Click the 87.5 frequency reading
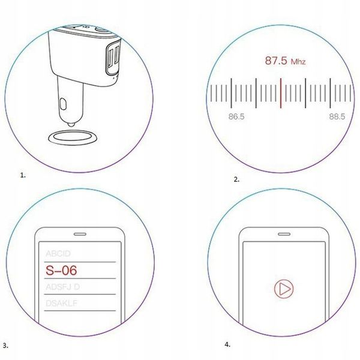[277, 61]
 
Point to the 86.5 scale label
[236, 117]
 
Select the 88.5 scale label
[337, 117]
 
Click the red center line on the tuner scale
[281, 93]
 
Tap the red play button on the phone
[283, 290]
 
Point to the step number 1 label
[23, 176]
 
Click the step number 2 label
[236, 179]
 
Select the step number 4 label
[227, 345]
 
